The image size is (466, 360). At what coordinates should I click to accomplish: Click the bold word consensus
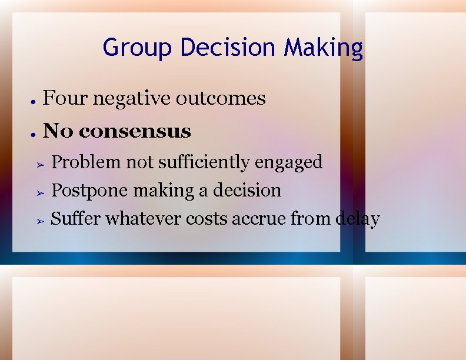(135, 131)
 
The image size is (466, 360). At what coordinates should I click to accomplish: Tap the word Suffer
(76, 219)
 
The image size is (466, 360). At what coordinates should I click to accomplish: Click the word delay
(357, 219)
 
